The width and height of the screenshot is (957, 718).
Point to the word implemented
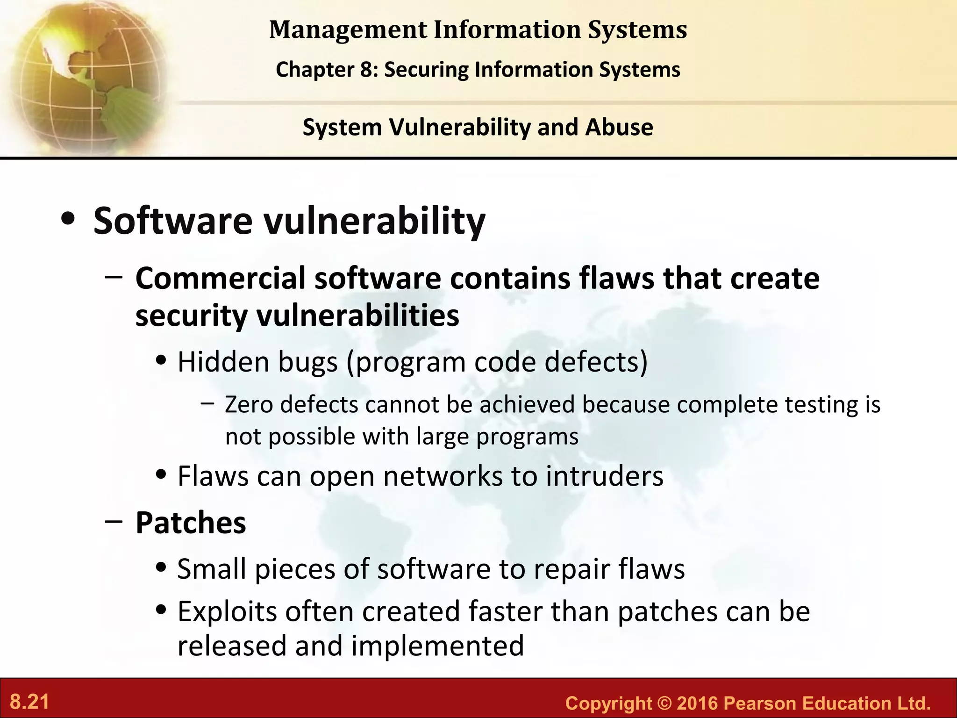point(437,646)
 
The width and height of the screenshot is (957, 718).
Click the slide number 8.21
point(29,702)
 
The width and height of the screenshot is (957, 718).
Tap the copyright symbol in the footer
point(664,703)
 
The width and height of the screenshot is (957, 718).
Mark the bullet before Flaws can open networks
point(162,475)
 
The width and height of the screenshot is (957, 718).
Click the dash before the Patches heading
point(114,521)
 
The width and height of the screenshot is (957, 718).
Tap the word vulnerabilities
point(357,316)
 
